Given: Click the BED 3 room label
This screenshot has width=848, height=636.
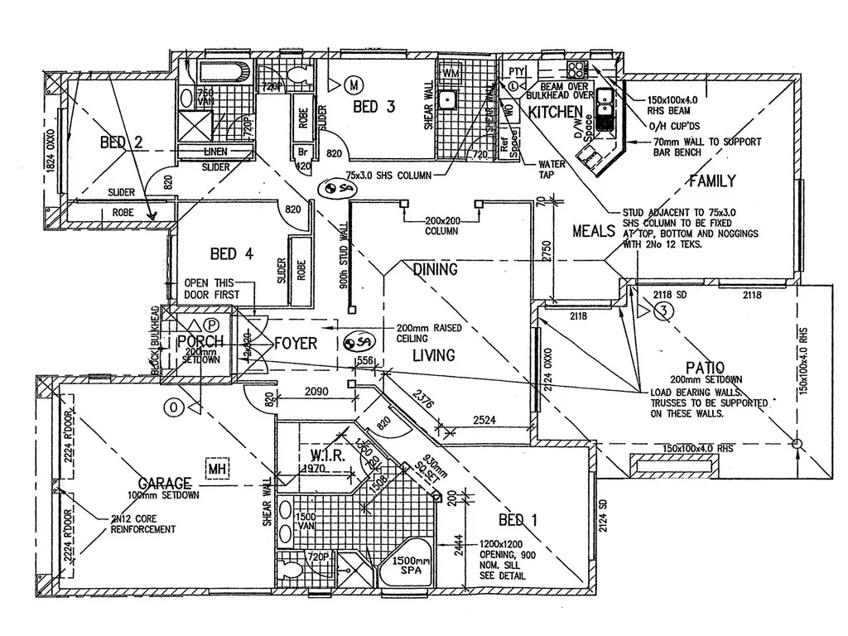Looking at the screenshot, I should click(x=378, y=107).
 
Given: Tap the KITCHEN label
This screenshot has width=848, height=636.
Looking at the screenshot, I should click(x=556, y=112).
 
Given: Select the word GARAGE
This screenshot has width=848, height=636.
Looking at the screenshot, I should click(x=166, y=483).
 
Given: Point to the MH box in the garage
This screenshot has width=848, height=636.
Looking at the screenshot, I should click(x=218, y=470).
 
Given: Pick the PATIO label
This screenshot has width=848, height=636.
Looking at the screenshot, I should click(x=705, y=367).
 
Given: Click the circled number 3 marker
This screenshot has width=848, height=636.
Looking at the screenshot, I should click(x=662, y=311).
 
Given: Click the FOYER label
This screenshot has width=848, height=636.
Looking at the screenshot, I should click(x=296, y=342).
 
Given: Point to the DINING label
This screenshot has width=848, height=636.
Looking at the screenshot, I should click(x=435, y=269).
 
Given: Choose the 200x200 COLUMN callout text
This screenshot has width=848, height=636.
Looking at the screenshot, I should click(x=441, y=226).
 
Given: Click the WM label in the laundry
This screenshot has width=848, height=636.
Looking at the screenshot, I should click(x=451, y=74).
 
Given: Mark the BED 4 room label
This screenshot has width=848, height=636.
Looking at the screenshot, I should click(x=236, y=253).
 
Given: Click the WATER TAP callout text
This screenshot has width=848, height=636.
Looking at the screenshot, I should click(x=552, y=169).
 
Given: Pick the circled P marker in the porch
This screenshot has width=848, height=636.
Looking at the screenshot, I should click(x=213, y=325).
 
